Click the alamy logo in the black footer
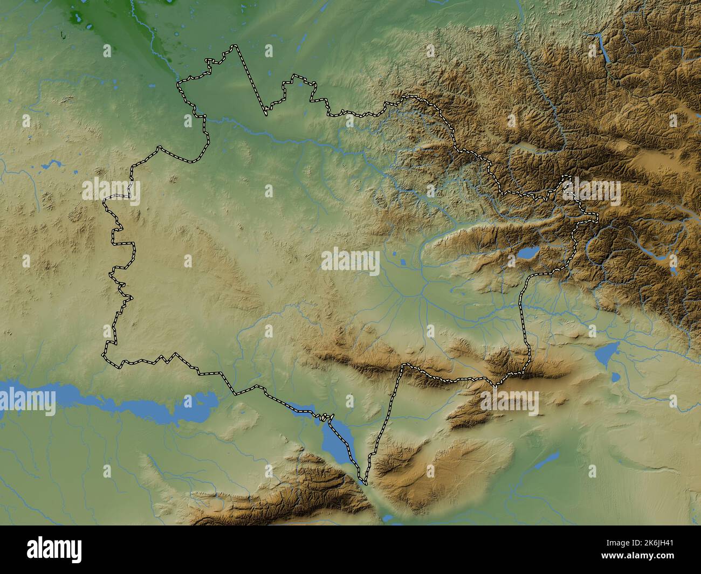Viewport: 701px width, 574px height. pos(56,550)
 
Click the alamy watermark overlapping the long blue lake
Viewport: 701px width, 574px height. pos(28,399)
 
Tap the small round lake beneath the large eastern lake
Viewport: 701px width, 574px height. pos(615,376)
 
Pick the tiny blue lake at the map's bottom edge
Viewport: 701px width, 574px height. pos(388,518)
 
